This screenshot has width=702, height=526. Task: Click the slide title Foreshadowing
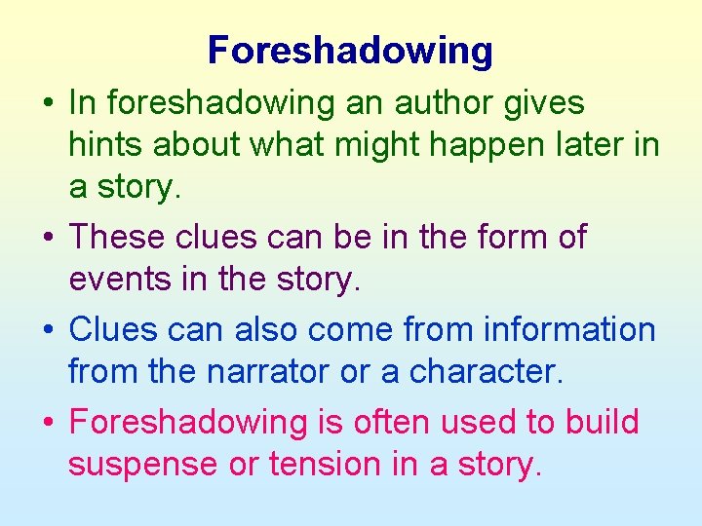[x=350, y=51]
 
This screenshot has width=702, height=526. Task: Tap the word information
[x=579, y=330]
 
